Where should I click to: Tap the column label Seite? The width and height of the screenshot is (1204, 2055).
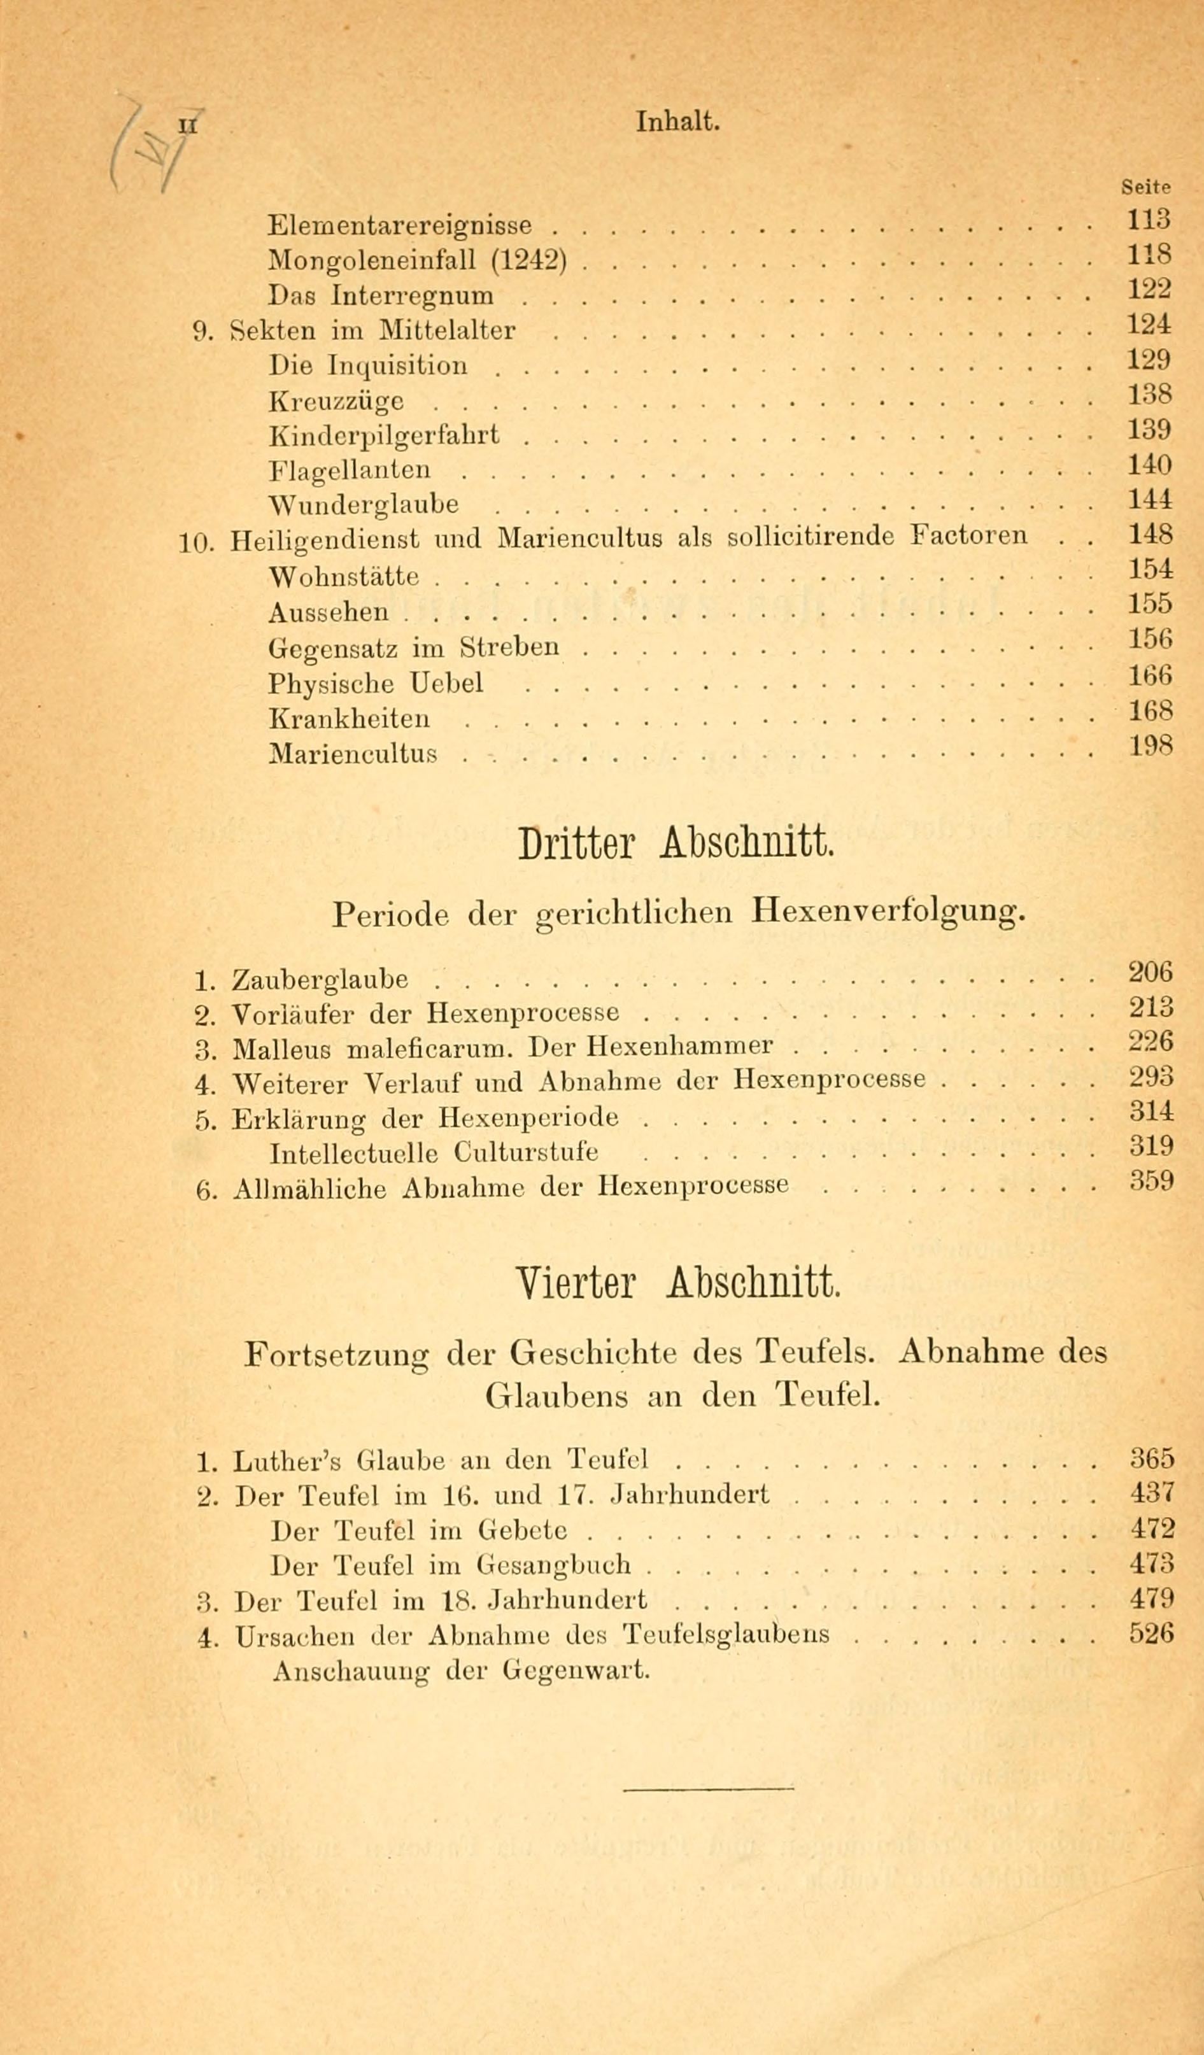tap(1146, 187)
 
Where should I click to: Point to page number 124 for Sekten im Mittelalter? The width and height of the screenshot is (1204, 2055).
tap(1149, 325)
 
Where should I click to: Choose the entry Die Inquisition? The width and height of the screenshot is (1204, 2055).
tap(369, 365)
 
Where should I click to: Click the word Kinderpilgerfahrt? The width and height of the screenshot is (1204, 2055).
tap(383, 435)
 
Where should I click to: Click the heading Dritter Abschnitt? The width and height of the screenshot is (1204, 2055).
tap(676, 845)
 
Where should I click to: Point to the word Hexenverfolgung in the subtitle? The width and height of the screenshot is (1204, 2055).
tap(888, 911)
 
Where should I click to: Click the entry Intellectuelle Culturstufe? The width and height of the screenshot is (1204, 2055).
tap(433, 1153)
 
